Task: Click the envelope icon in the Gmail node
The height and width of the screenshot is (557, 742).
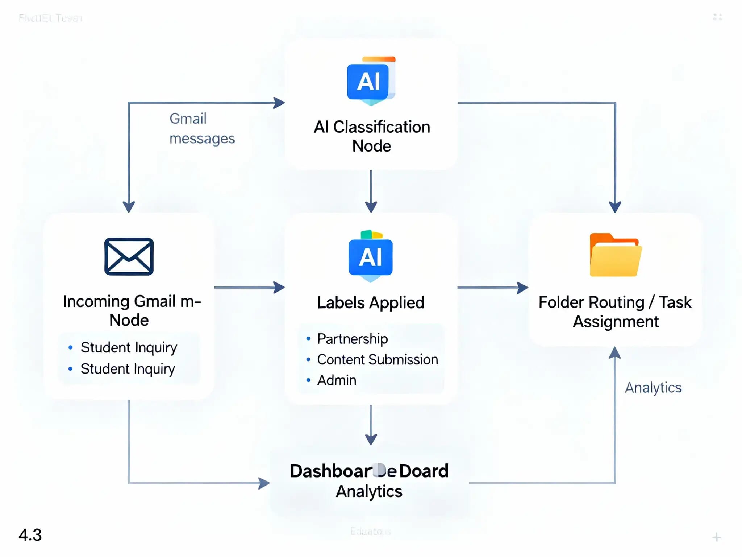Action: click(x=129, y=256)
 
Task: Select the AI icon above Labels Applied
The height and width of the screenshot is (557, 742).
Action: click(x=370, y=257)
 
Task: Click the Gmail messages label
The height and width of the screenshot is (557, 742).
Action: click(x=201, y=128)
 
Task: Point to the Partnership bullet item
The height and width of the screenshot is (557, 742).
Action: click(x=352, y=339)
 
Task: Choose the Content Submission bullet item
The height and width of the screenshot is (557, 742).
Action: click(x=377, y=359)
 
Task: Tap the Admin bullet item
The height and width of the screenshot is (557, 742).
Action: click(x=337, y=380)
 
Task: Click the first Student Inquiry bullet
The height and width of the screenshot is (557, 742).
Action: click(x=129, y=347)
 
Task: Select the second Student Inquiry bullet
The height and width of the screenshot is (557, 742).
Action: click(x=128, y=369)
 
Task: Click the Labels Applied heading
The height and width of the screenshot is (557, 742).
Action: click(x=370, y=302)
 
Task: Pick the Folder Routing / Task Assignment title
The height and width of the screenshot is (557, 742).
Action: click(x=615, y=312)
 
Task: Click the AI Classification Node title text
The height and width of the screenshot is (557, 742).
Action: click(x=372, y=136)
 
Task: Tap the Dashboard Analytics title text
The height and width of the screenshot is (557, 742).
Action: click(x=369, y=481)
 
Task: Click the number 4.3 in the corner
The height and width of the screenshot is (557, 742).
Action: click(x=30, y=535)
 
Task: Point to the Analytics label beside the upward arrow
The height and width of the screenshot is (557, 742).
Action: click(x=653, y=388)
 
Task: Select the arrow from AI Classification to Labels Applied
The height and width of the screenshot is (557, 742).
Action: click(x=371, y=191)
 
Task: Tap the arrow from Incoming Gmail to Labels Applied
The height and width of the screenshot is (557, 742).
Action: click(x=249, y=288)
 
